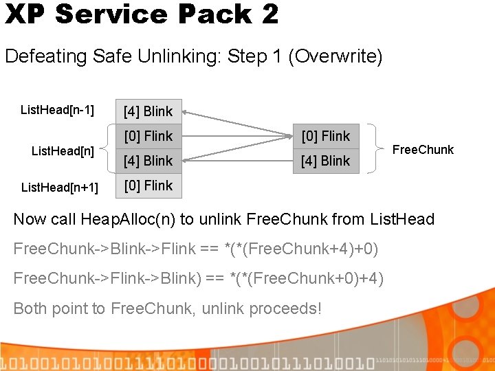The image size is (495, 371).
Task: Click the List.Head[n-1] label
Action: (x=57, y=109)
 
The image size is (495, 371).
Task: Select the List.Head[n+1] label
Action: (x=59, y=187)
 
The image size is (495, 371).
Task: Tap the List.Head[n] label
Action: (x=63, y=150)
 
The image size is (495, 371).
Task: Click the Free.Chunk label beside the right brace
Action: (x=423, y=150)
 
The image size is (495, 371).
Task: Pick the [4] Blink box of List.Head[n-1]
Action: (x=148, y=111)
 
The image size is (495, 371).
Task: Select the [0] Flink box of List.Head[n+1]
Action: (x=148, y=185)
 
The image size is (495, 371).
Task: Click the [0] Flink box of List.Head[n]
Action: (x=148, y=136)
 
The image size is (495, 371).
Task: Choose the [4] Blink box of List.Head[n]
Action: (x=148, y=161)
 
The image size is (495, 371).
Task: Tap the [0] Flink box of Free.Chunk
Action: (x=326, y=136)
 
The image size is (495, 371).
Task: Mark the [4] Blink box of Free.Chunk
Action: (x=326, y=161)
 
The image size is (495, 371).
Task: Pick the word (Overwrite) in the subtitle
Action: (x=335, y=56)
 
